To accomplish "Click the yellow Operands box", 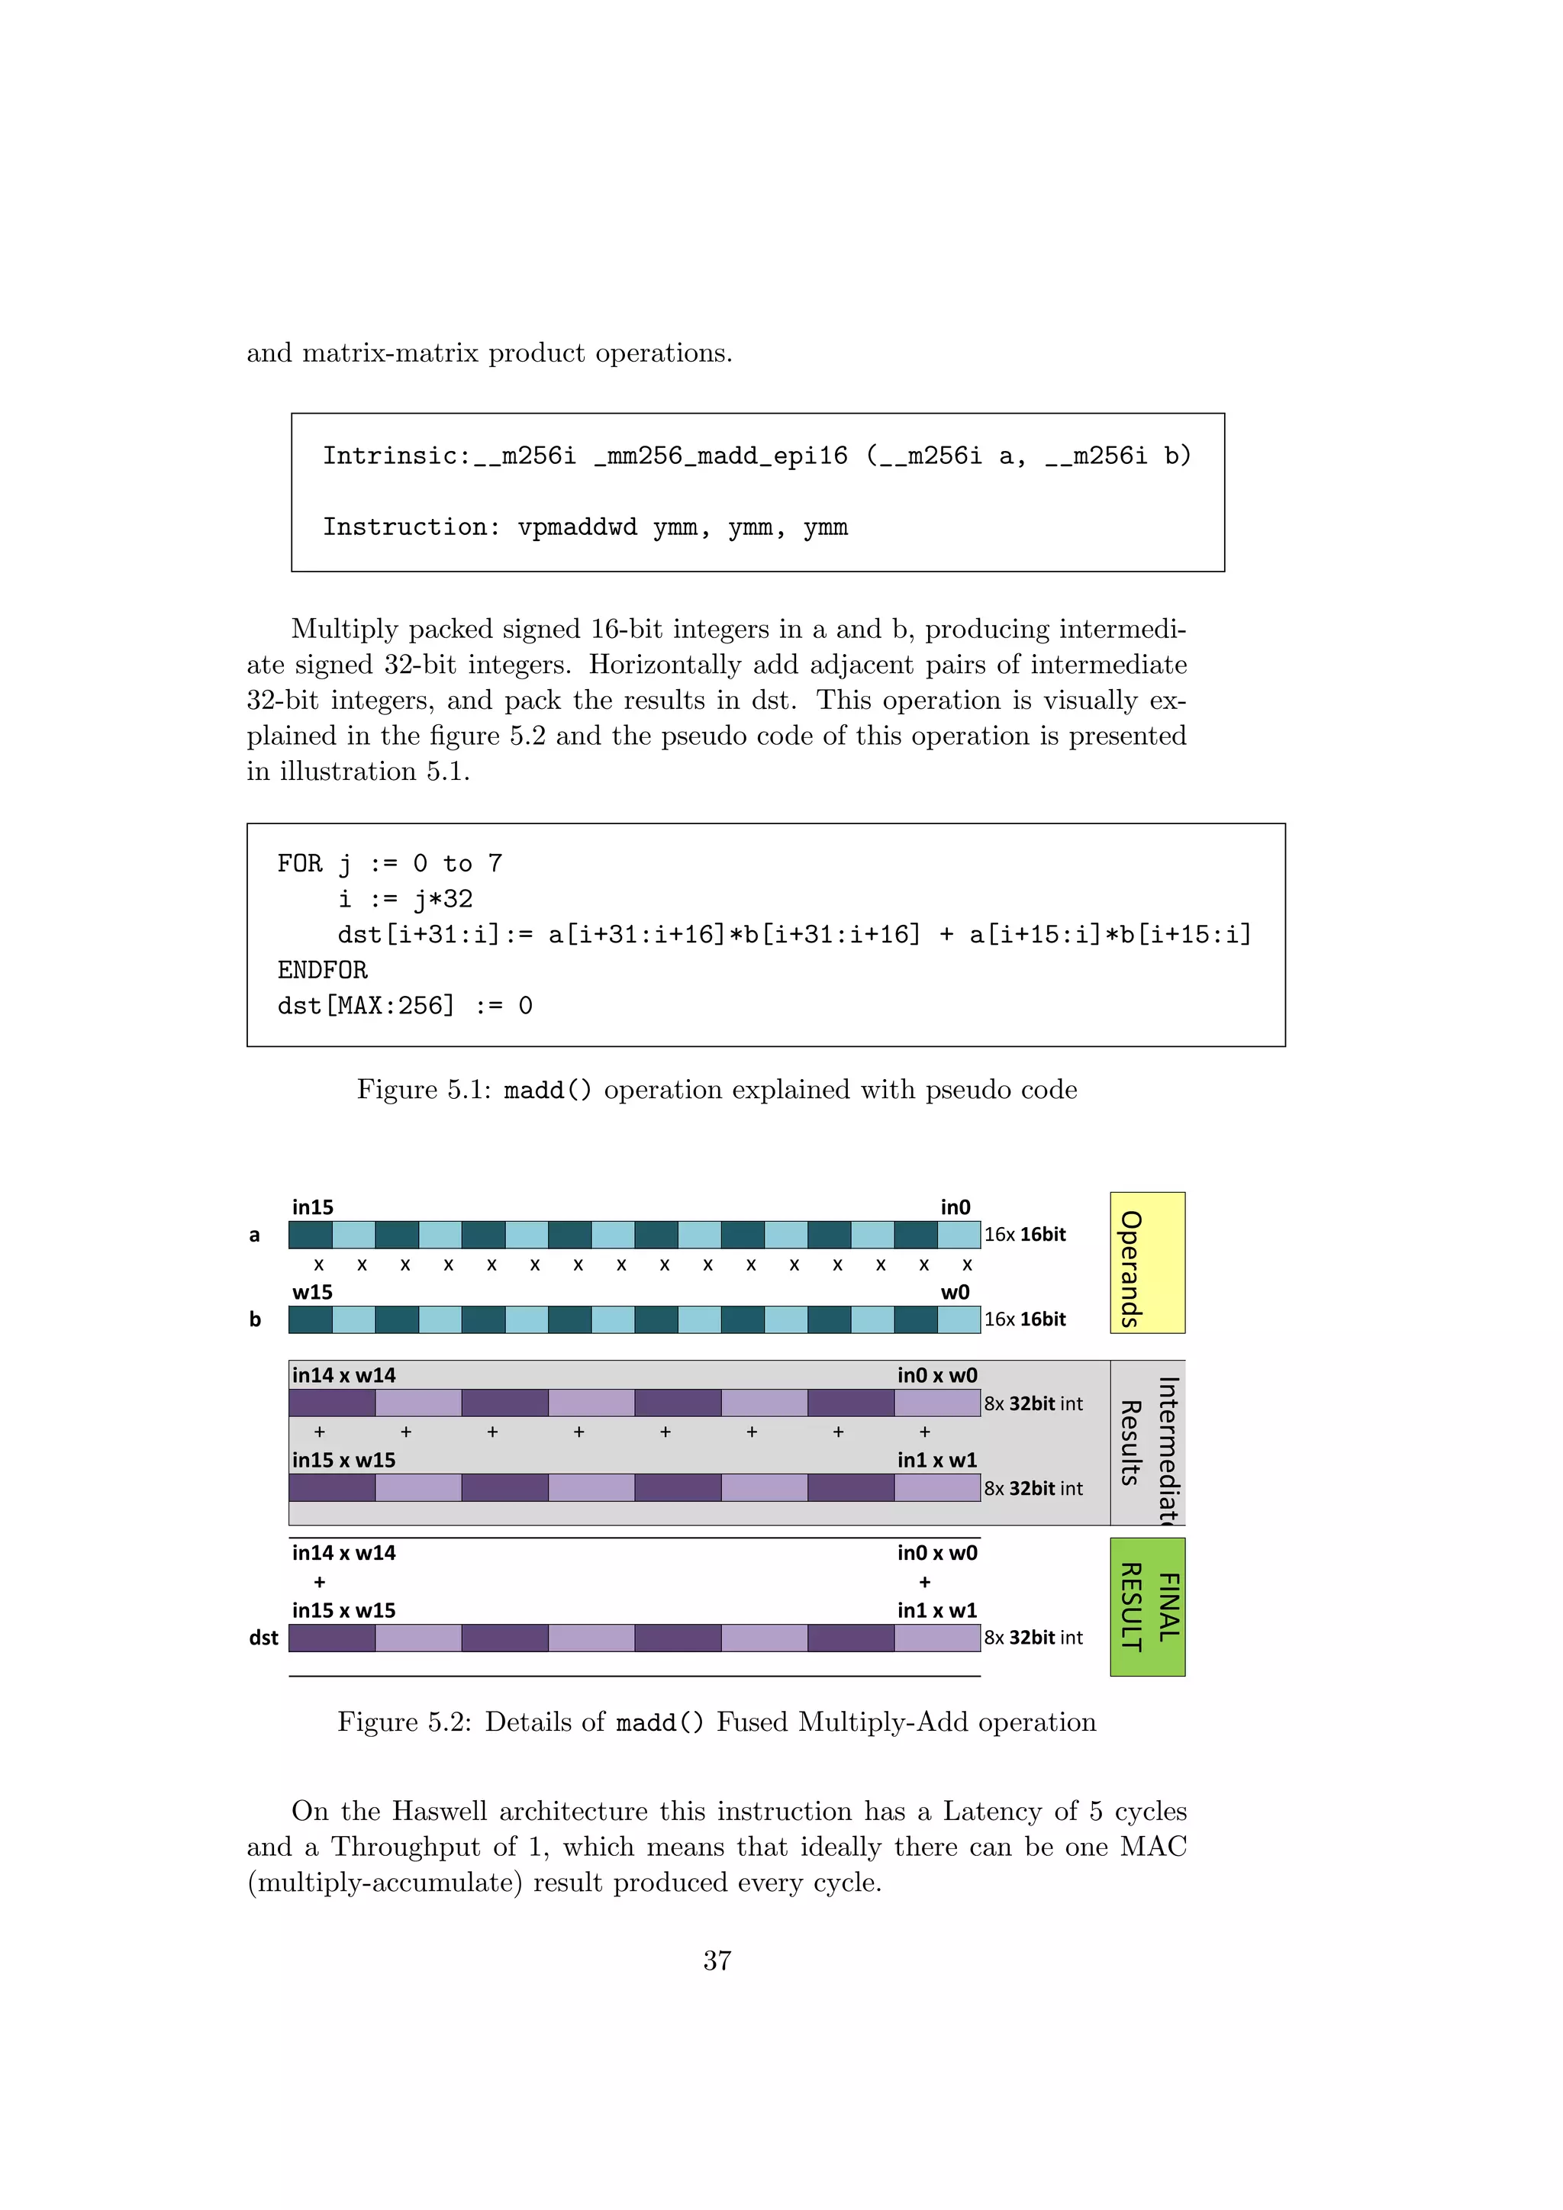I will pos(1146,1262).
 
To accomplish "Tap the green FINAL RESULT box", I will pos(1146,1606).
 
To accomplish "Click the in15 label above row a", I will pos(313,1207).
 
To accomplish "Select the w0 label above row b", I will pos(955,1292).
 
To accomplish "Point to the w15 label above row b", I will pos(313,1292).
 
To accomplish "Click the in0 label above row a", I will pos(955,1207).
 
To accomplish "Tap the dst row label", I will pos(263,1638).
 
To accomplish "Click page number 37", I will pos(717,1960).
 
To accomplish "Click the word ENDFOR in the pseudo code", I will pos(322,970).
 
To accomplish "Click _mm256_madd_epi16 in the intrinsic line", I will pos(721,456).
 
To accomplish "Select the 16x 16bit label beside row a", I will pos(1024,1235).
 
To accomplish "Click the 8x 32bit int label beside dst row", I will pos(1033,1638).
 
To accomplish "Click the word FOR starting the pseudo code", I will pos(299,863).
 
